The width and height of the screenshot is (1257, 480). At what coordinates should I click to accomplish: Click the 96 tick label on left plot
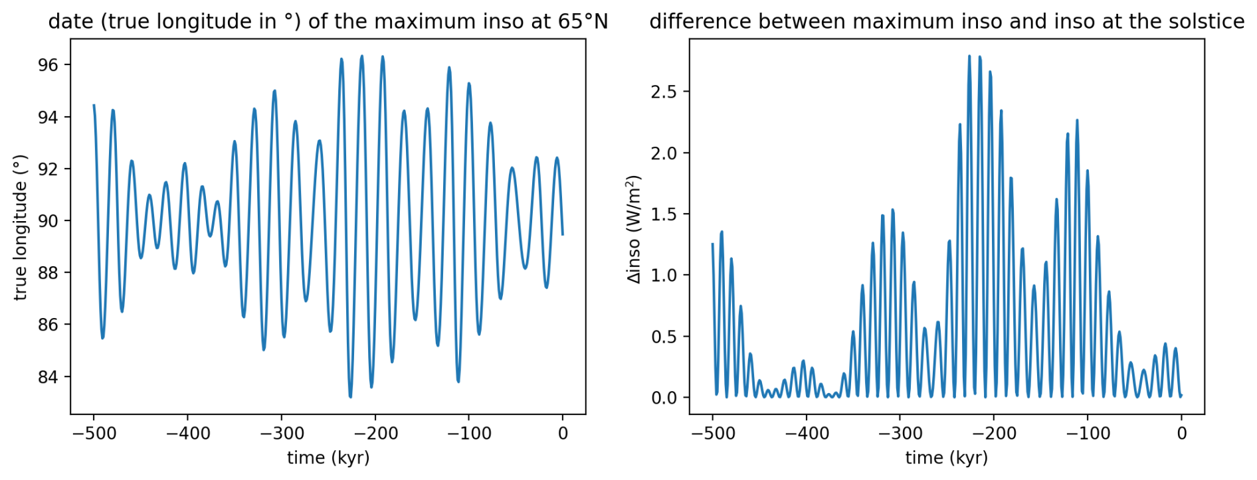[48, 65]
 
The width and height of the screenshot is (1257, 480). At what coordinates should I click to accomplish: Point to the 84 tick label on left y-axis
[48, 377]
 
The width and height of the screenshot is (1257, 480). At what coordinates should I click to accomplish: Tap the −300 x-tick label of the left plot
[281, 434]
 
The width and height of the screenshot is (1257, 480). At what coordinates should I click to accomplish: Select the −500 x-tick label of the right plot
[712, 434]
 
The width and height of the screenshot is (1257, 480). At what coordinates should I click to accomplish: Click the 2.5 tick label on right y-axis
[664, 92]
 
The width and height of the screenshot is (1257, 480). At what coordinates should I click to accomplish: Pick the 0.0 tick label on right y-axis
[664, 398]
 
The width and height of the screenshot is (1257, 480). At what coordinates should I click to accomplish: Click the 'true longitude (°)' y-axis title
[20, 227]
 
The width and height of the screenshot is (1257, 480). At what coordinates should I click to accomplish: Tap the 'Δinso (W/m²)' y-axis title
[634, 229]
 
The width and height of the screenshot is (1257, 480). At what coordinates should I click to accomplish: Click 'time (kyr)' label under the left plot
[328, 457]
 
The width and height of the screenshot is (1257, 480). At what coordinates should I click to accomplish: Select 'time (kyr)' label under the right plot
[947, 457]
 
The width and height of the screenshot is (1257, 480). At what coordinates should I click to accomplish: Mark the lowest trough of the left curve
[351, 397]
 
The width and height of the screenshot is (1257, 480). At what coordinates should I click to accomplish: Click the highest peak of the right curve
[969, 56]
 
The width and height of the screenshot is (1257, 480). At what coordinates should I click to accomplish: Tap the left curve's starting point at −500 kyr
[94, 105]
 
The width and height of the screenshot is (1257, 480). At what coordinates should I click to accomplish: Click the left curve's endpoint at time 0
[563, 234]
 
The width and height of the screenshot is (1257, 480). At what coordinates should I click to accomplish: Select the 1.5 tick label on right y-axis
[664, 214]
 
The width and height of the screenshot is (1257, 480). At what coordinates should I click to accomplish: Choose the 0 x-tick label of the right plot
[1181, 434]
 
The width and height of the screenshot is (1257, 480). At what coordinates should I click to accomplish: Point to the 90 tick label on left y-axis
[48, 221]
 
